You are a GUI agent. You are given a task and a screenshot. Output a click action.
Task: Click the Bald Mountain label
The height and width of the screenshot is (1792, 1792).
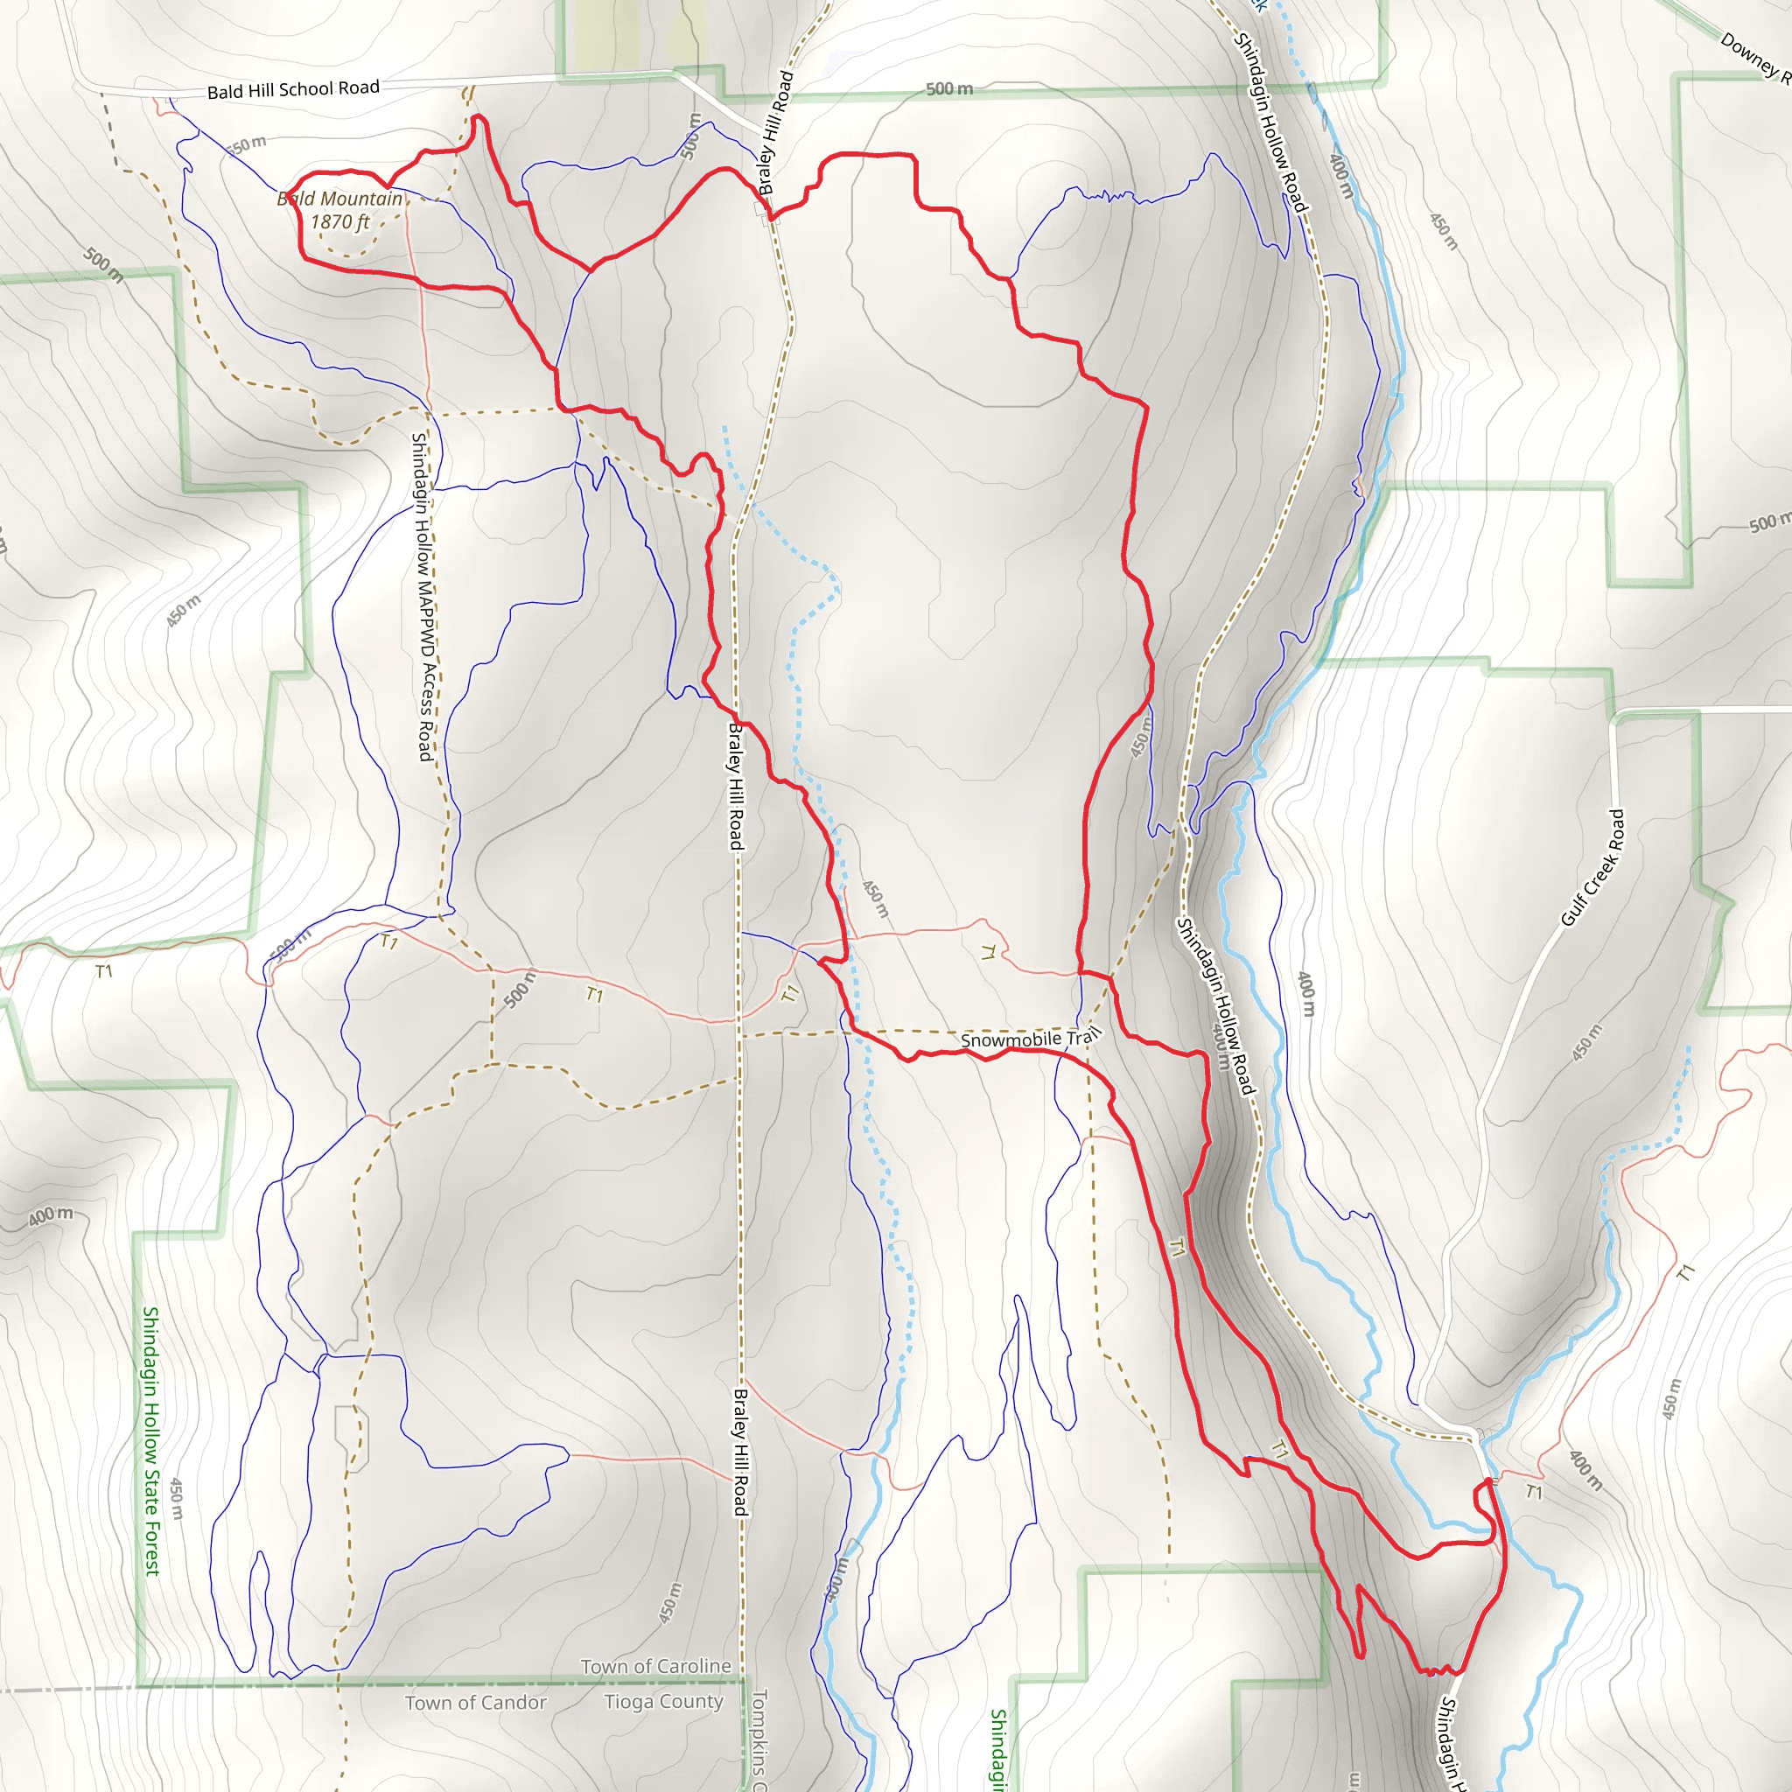(x=339, y=199)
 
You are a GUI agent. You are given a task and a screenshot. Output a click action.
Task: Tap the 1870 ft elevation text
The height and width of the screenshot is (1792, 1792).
(x=339, y=221)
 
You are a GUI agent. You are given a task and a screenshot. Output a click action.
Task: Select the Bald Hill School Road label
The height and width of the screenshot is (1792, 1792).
(x=293, y=89)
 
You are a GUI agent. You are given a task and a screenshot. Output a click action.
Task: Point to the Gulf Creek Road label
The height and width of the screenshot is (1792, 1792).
(x=1592, y=868)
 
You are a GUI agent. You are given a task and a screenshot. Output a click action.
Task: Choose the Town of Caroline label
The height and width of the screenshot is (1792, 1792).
(x=655, y=1667)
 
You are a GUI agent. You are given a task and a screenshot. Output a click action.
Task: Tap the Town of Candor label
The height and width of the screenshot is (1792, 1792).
(x=476, y=1703)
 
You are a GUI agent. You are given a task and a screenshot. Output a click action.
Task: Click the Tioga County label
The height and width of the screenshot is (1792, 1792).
(x=663, y=1702)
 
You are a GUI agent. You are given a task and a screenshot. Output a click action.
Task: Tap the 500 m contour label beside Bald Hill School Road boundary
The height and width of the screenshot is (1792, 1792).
(x=949, y=89)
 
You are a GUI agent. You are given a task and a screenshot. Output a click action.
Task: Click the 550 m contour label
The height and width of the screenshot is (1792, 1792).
(x=247, y=144)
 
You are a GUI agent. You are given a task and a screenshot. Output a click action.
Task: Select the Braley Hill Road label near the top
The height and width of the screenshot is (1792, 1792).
(x=776, y=133)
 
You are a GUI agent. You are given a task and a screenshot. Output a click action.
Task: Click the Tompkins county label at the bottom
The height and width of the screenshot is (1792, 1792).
(x=759, y=1739)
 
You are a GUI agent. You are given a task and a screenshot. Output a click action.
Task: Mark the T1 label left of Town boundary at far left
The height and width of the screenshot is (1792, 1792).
(x=104, y=971)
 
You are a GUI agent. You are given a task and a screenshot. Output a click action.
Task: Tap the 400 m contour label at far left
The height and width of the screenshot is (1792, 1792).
(x=49, y=1215)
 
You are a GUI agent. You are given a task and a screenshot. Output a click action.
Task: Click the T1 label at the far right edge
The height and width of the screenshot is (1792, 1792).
(x=1686, y=1271)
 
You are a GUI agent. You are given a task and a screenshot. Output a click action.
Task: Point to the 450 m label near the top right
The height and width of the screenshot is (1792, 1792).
(x=1443, y=231)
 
